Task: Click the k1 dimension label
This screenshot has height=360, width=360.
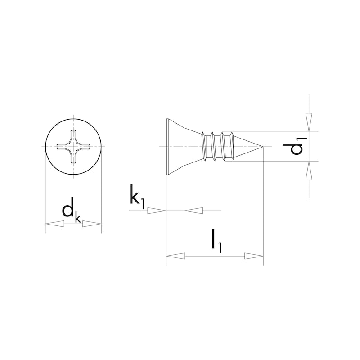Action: point(137,198)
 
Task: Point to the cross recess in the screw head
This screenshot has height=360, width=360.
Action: point(73,147)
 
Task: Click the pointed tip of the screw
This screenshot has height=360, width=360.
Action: point(261,147)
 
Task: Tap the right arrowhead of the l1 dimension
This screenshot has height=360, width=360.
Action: point(254,256)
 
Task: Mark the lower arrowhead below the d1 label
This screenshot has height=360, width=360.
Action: point(309,171)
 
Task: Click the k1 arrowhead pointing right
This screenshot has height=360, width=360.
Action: point(157,210)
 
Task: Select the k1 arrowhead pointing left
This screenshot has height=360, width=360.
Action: point(193,210)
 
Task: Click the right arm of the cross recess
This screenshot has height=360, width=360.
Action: point(85,147)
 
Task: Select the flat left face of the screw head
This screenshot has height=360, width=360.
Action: point(167,147)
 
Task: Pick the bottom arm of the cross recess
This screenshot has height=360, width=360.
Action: point(73,158)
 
